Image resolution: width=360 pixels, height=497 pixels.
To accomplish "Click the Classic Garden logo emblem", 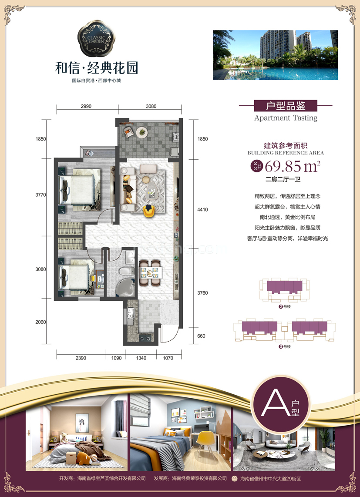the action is click(97, 38).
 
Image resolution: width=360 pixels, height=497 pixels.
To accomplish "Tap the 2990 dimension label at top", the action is click(86, 106).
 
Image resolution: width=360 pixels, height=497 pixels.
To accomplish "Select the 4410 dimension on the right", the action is click(202, 209).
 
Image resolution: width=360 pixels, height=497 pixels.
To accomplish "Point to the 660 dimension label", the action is click(201, 336).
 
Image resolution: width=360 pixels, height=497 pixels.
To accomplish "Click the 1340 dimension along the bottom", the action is click(141, 358).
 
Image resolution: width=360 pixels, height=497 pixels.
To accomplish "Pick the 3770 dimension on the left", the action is click(40, 195).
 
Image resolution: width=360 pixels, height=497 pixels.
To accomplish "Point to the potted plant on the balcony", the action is click(142, 131).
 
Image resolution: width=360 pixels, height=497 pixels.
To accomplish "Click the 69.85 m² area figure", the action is click(293, 166).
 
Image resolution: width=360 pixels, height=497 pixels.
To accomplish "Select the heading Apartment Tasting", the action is click(286, 118).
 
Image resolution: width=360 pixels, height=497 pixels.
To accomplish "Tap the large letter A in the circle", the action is click(271, 403).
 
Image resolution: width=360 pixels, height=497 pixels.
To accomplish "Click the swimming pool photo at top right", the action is click(275, 55).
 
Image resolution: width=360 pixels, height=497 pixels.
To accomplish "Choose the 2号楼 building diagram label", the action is click(285, 306).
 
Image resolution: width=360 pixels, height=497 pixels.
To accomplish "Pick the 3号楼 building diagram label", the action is click(285, 346).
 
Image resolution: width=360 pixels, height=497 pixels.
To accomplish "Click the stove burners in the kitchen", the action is click(145, 338).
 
